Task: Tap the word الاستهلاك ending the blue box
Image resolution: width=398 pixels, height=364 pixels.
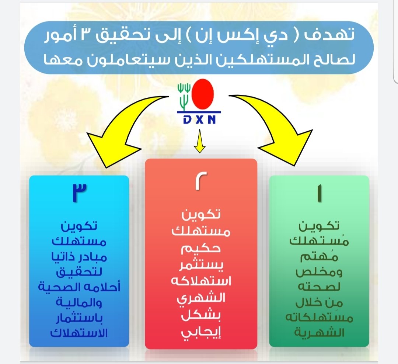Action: click(79, 332)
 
